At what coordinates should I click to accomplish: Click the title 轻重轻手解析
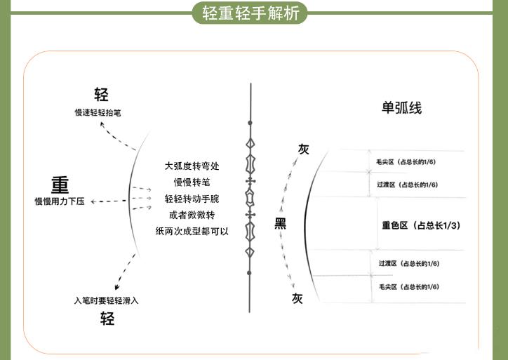coord(250,13)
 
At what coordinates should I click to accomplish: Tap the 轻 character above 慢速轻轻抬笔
coord(102,95)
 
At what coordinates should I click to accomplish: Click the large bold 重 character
coord(60,185)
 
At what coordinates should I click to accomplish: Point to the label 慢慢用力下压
coord(60,201)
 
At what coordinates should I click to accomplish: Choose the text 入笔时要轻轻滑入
coord(107,301)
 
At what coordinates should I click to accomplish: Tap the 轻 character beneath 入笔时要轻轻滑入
coord(107,319)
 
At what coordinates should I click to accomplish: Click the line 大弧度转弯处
coord(192,166)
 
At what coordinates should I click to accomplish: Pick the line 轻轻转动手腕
coord(192,199)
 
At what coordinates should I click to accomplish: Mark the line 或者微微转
coord(192,215)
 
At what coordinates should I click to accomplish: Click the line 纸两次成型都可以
coord(192,231)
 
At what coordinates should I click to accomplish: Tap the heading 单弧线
coord(401,109)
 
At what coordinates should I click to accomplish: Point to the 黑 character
coord(281,224)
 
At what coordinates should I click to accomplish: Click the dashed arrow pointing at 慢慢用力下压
coord(109,201)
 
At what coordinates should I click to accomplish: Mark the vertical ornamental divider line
coord(250,196)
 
